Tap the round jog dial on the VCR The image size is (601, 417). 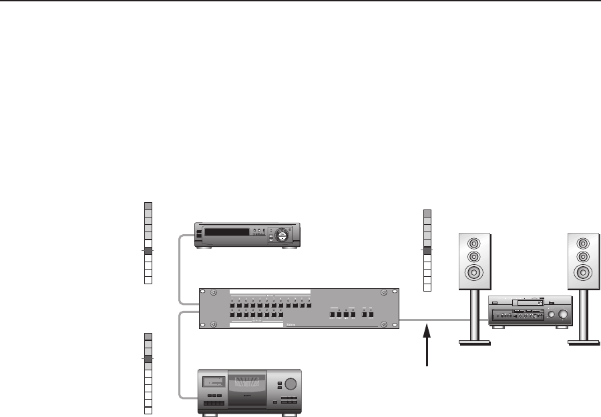coord(283,234)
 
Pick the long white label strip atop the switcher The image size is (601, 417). coord(270,292)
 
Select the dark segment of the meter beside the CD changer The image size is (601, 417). coord(149,358)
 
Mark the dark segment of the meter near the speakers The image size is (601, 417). coord(427,251)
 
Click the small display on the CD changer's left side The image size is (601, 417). coord(212,383)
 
